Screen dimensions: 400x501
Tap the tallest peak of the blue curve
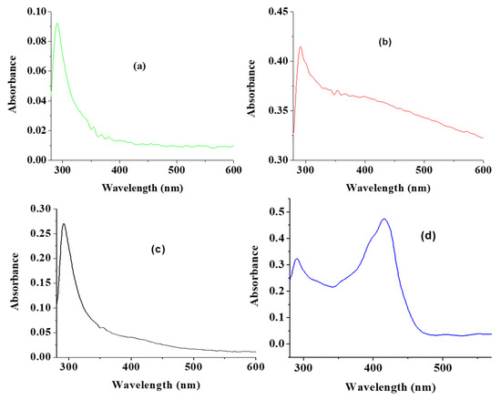[x=384, y=219]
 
